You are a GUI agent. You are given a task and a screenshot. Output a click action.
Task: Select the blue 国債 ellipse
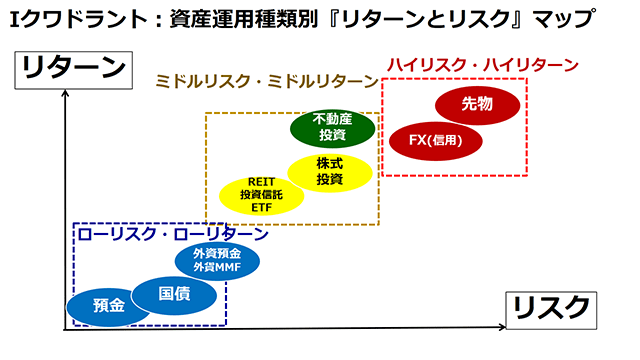tap(173, 294)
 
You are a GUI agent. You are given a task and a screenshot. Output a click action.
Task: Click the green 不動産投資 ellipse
tap(332, 127)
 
